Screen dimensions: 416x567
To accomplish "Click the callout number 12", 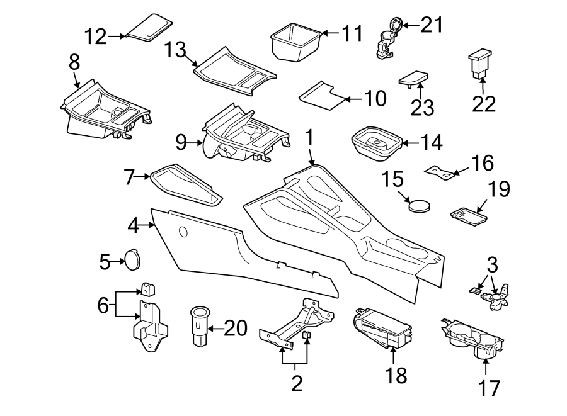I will pos(96,37).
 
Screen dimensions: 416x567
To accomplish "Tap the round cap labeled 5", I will pos(132,259).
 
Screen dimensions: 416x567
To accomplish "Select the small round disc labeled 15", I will pos(419,206).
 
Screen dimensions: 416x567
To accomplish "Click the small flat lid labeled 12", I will pos(150,27).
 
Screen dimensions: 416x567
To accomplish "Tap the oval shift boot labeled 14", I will pos(375,143).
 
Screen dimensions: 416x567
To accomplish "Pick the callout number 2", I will pos(296,382).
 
